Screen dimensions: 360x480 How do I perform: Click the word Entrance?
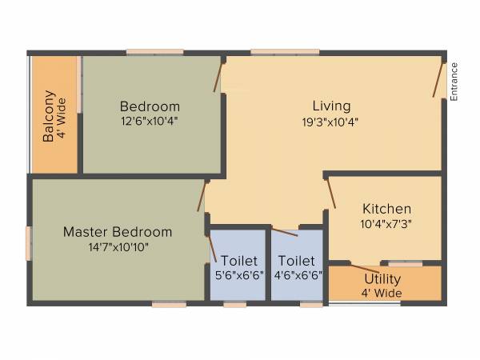point(454,81)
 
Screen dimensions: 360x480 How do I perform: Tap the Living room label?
point(331,106)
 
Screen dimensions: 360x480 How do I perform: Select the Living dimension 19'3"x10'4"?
point(331,122)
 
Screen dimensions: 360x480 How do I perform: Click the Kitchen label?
point(386,209)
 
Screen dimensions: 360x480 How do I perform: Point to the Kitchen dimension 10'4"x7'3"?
point(386,224)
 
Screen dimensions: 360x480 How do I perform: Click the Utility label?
point(382,279)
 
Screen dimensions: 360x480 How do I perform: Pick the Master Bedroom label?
point(118,232)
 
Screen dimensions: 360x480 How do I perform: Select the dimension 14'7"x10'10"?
point(118,247)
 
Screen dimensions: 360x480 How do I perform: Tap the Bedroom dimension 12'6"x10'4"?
point(150,122)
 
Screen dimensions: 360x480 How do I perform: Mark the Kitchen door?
point(330,193)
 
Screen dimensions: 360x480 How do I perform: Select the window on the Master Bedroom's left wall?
point(29,242)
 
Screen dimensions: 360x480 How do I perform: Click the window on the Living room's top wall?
point(274,53)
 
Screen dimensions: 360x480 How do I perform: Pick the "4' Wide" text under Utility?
point(382,293)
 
